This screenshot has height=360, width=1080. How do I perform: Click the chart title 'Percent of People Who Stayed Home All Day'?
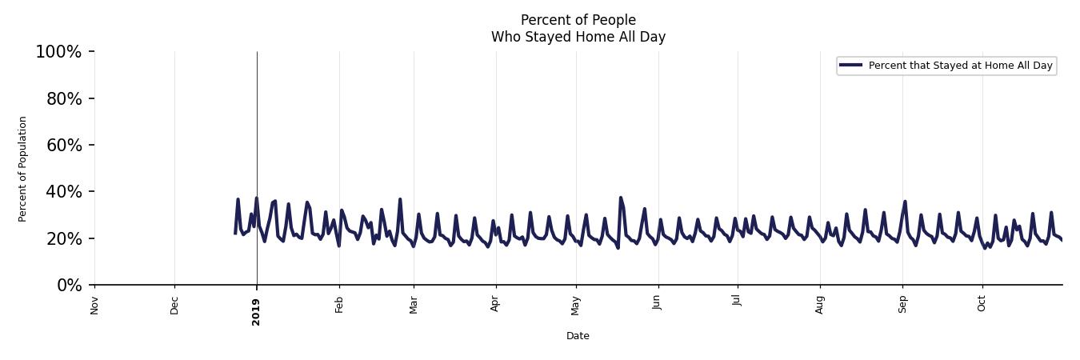click(x=578, y=28)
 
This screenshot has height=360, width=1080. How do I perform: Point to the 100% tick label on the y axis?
click(x=58, y=52)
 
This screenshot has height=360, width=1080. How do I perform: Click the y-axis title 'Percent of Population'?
click(x=23, y=169)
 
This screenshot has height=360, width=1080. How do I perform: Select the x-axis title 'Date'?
click(x=578, y=336)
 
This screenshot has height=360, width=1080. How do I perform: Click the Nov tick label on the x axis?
click(x=94, y=305)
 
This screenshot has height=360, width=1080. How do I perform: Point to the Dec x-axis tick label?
click(x=174, y=305)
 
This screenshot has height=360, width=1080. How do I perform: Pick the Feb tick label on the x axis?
click(x=339, y=305)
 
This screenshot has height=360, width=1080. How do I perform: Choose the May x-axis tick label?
click(x=576, y=305)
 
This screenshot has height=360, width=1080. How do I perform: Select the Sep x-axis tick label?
click(x=902, y=305)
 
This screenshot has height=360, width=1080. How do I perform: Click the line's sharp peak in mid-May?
click(x=620, y=197)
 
